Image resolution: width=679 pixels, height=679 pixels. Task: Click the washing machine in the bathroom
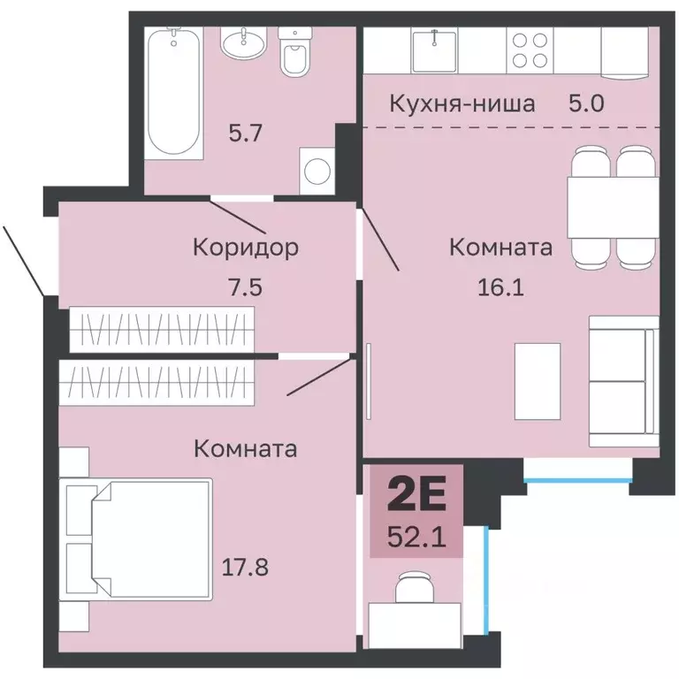tap(317, 171)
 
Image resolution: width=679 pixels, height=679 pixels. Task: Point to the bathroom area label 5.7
tap(245, 133)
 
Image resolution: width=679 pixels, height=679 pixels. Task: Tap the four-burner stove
tap(530, 50)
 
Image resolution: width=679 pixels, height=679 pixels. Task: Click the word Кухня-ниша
tap(462, 104)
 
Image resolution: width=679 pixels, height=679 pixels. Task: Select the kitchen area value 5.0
tap(586, 104)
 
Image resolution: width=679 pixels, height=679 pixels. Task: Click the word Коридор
tap(246, 248)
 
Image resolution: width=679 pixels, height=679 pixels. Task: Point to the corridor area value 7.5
tap(245, 287)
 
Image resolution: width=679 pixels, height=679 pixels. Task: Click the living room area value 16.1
tap(500, 287)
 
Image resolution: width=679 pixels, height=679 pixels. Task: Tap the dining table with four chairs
tap(613, 208)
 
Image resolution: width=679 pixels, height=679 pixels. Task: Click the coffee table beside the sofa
tap(538, 382)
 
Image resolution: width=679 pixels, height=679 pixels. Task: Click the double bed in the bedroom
tap(135, 539)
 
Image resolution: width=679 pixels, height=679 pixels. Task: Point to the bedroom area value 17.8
tap(245, 567)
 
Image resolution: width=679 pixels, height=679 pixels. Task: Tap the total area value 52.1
tap(416, 538)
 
